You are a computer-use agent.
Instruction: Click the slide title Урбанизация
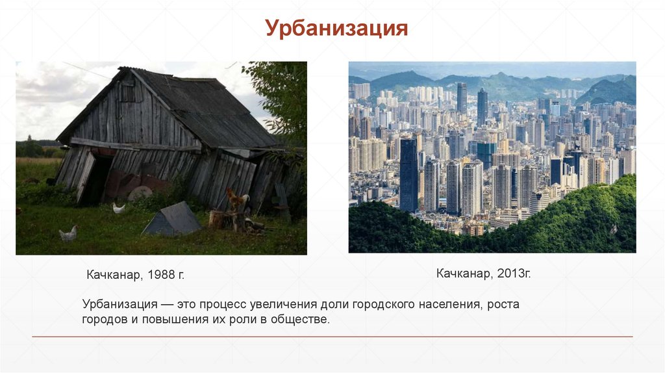(x=336, y=29)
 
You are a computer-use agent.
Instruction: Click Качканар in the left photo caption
(x=114, y=275)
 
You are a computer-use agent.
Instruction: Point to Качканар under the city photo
(x=464, y=274)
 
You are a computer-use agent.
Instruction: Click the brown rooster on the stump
(x=236, y=199)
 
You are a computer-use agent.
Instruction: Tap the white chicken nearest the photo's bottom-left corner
(x=68, y=233)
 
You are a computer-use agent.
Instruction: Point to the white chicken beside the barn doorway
(x=118, y=208)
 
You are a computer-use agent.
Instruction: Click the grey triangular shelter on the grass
(x=173, y=220)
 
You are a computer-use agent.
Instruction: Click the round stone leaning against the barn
(x=140, y=193)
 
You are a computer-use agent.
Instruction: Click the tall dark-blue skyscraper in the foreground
(x=408, y=175)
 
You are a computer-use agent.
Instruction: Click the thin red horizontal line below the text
(x=332, y=337)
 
